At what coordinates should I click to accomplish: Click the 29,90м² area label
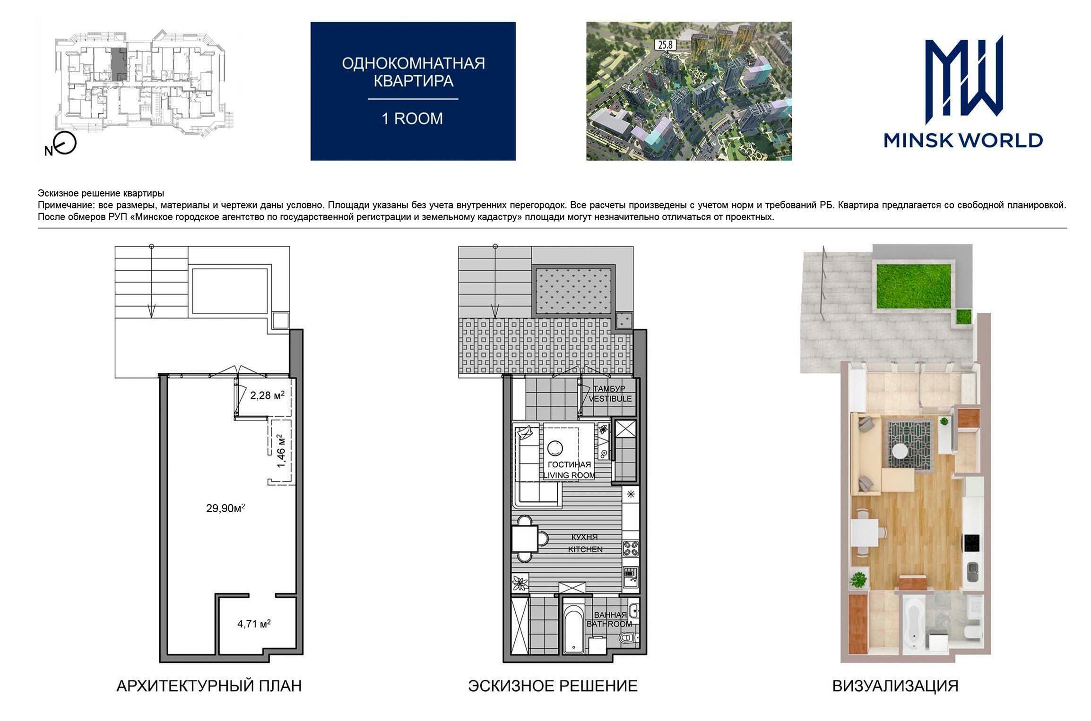[x=225, y=508]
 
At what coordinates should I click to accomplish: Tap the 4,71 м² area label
[x=254, y=624]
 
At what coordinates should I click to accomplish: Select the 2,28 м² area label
[x=267, y=395]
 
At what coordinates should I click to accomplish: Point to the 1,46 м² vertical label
[x=281, y=451]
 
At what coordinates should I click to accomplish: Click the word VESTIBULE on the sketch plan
[x=610, y=399]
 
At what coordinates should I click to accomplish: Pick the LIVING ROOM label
[x=569, y=475]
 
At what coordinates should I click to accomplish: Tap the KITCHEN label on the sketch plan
[x=585, y=549]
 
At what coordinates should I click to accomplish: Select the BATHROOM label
[x=609, y=624]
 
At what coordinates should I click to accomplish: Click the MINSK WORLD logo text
[x=963, y=140]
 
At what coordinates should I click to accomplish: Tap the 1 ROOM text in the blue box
[x=412, y=119]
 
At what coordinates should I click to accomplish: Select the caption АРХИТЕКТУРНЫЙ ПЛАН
[x=209, y=686]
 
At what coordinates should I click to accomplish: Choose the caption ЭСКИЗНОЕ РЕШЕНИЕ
[x=553, y=686]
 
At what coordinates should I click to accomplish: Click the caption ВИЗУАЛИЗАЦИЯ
[x=895, y=686]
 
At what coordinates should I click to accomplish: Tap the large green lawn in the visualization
[x=914, y=286]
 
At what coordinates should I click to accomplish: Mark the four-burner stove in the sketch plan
[x=631, y=548]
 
